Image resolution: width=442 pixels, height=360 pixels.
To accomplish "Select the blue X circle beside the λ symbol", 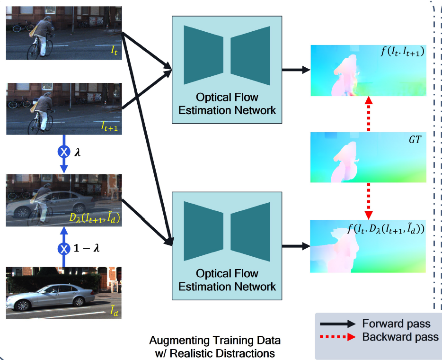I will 63,152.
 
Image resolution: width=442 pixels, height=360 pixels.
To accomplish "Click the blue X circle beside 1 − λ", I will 63,248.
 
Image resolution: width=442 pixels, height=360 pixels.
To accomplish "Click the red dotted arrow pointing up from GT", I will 368,113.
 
